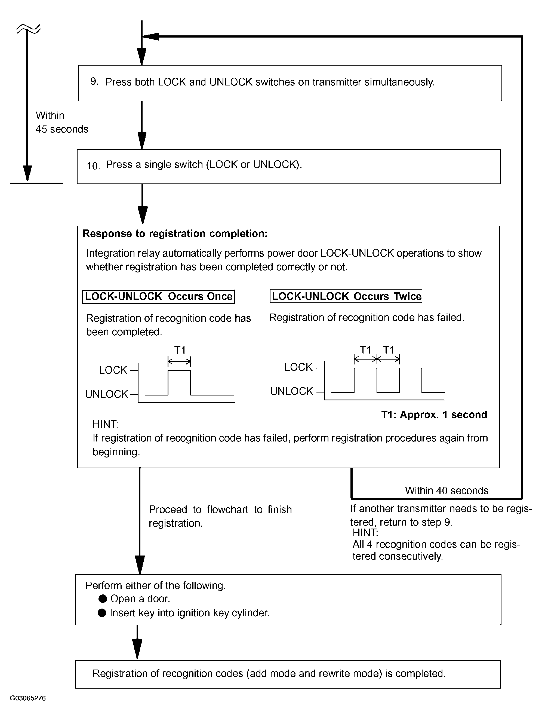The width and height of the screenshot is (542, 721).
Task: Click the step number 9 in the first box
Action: click(x=94, y=81)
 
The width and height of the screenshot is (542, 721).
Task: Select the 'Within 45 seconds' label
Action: click(x=61, y=122)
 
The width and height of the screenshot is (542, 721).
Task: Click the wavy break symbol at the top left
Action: click(x=28, y=29)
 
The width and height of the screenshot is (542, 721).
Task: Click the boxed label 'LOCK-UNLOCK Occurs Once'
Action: click(x=158, y=296)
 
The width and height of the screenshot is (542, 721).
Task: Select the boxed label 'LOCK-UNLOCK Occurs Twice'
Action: click(x=346, y=296)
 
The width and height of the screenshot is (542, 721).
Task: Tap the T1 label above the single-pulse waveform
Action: click(x=180, y=350)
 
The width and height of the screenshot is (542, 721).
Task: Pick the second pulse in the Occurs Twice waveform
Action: click(x=411, y=380)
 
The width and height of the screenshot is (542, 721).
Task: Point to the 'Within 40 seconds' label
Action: click(x=446, y=490)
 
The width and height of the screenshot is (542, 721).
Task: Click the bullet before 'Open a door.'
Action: click(x=103, y=599)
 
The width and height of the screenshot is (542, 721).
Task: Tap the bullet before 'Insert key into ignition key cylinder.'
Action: click(x=102, y=613)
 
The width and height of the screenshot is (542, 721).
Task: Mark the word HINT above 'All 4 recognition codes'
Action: click(x=365, y=533)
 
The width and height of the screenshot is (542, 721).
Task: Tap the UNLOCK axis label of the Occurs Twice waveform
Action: click(x=292, y=391)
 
